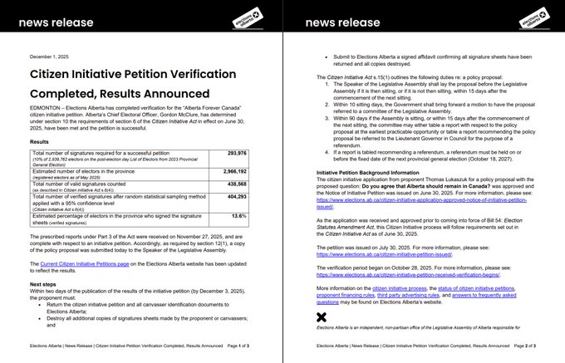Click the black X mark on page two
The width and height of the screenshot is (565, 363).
[x=322, y=316]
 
